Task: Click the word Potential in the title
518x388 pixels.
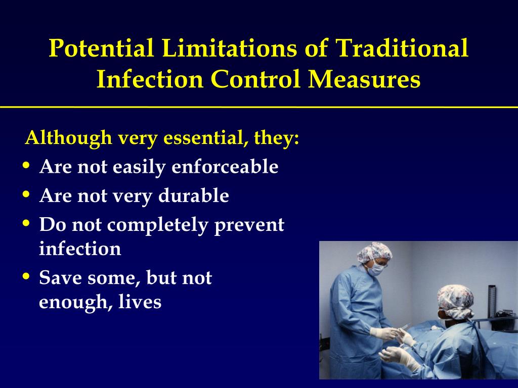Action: tap(101, 48)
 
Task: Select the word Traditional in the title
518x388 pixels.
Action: tap(402, 48)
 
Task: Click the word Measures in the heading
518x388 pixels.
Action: tap(364, 79)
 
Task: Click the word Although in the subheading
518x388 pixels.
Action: tap(69, 137)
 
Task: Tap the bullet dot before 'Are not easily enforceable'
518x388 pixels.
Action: tap(26, 165)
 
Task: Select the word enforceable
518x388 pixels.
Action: tap(225, 166)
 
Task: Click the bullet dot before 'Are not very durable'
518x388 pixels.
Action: tap(26, 193)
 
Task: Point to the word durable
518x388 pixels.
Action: tap(194, 196)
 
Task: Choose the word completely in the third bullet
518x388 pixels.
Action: tap(158, 225)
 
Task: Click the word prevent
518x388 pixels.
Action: tap(249, 226)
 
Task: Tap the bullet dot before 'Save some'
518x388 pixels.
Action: tap(26, 276)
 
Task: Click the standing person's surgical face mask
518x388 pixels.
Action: tap(375, 269)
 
